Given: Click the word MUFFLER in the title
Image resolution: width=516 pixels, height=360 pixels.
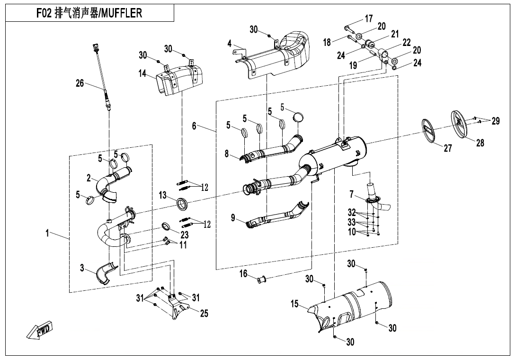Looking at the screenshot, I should coord(120,13).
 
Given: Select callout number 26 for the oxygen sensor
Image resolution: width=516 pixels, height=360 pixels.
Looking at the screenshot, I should coord(80,84).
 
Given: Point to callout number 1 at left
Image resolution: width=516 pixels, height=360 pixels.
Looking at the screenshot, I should coord(48,234).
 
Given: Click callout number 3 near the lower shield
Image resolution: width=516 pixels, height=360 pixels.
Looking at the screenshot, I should coord(82,269).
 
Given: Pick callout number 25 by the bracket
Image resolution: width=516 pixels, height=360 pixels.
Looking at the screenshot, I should coord(204,313).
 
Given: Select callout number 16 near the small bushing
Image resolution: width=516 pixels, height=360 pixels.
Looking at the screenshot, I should coord(243,274).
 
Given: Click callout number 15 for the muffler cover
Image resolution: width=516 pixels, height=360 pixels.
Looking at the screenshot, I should coord(295,304).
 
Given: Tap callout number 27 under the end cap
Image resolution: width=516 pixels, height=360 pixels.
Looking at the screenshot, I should coord(447,148).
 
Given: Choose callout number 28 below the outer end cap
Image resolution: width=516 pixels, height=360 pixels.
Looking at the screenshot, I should coord(480,143).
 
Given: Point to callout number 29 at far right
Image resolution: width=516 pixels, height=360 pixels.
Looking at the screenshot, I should coord(495,121).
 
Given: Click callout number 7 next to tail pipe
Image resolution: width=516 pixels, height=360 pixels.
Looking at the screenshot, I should coord(351,194).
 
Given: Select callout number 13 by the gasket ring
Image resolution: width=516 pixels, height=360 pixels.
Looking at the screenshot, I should coord(163,196).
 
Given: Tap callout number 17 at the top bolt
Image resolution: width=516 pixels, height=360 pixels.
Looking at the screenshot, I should coord(368,19).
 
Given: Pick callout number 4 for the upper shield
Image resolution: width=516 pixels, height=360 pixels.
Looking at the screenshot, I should coord(230,44).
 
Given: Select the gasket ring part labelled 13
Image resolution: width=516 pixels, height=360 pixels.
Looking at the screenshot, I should coord(182,204).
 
